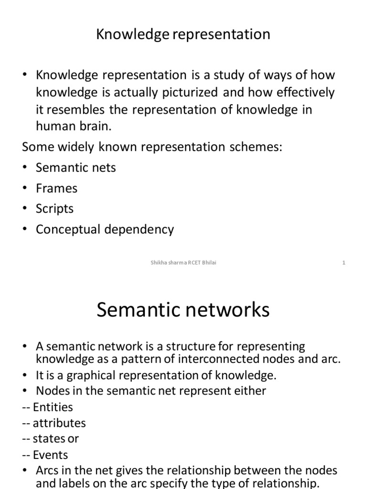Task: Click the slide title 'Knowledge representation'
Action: click(183, 34)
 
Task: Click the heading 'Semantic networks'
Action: click(183, 310)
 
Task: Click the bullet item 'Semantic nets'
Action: click(76, 168)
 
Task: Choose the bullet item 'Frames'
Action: click(56, 188)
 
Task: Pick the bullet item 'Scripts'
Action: click(54, 209)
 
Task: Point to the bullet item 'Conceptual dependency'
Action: click(105, 229)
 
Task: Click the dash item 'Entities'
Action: click(52, 407)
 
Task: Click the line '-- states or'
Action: click(50, 438)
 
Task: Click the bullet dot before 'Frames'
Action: click(25, 189)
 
